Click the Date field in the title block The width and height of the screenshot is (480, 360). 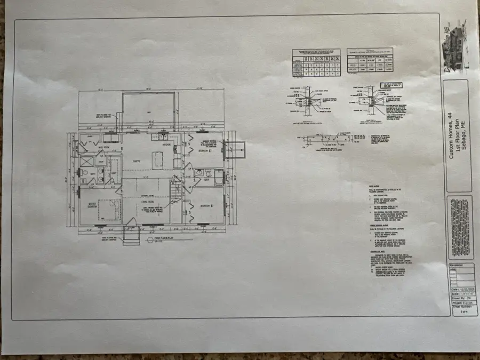click(459, 289)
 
